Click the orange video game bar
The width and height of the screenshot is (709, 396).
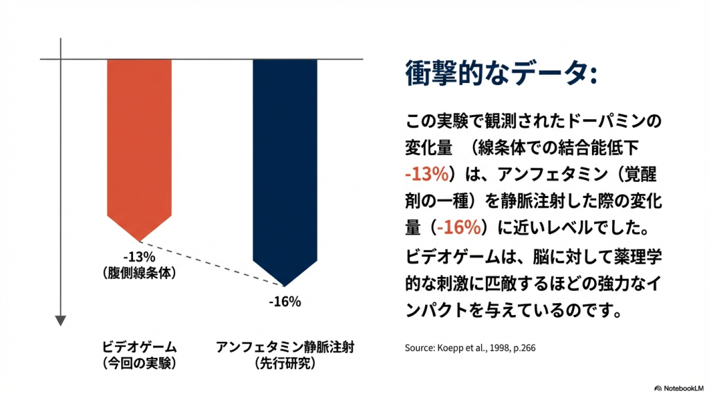coord(140,138)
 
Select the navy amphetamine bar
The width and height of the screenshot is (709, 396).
coord(285,159)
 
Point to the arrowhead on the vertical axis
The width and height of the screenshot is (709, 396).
coord(61,320)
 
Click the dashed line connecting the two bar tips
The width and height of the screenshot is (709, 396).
coord(211,263)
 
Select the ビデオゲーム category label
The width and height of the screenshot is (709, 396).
coord(139,347)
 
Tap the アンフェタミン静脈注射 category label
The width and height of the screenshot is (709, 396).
coord(285,347)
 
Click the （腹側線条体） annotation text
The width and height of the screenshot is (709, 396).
coord(139,273)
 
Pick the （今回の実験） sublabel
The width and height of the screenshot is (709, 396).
coord(139,362)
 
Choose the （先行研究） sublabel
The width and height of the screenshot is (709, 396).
coord(285,362)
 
